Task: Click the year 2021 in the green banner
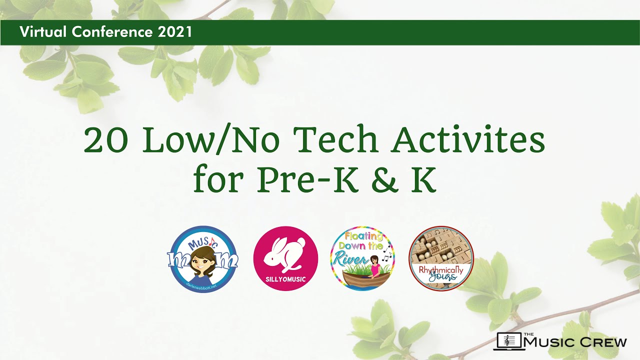pos(175,32)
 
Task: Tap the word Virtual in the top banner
pos(43,32)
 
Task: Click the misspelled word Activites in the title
pos(468,141)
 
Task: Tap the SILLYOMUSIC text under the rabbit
pos(285,278)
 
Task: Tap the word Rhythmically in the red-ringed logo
pos(441,270)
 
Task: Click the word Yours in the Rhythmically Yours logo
pos(442,277)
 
